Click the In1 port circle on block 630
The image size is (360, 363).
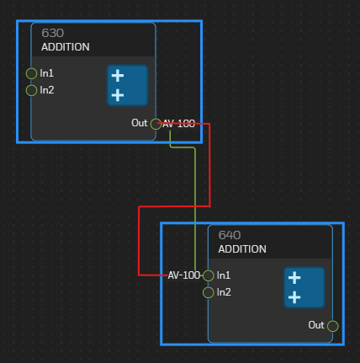click(x=31, y=73)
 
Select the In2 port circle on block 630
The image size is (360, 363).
click(x=31, y=90)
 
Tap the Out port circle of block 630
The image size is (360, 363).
click(x=156, y=124)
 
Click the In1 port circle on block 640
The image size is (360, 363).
click(x=209, y=275)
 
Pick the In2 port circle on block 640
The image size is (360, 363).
click(x=209, y=292)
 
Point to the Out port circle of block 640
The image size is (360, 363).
click(x=333, y=326)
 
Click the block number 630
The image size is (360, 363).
click(x=53, y=33)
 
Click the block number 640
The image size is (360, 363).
click(x=230, y=235)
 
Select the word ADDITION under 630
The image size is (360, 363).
click(x=66, y=47)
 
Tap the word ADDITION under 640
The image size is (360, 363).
click(x=242, y=249)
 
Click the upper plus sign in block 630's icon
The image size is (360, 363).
click(x=118, y=76)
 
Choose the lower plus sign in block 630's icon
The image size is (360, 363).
click(x=118, y=95)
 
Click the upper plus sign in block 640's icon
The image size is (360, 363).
click(x=294, y=278)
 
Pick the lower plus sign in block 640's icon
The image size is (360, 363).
click(x=294, y=297)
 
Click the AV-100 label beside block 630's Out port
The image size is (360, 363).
click(x=178, y=124)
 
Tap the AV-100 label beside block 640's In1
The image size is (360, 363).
click(x=184, y=275)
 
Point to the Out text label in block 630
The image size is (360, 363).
click(x=140, y=123)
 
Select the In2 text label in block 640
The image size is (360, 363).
click(x=224, y=292)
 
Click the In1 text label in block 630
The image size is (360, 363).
click(x=46, y=73)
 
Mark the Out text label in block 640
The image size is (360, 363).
click(x=316, y=325)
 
